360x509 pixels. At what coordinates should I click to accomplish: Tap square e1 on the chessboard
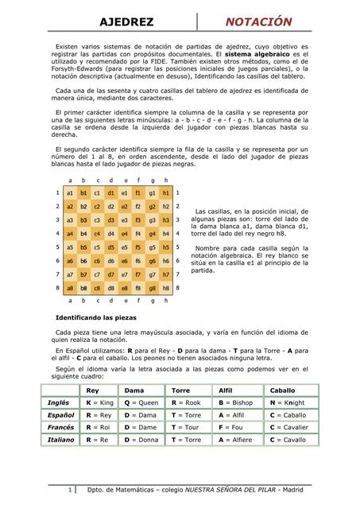coord(135,192)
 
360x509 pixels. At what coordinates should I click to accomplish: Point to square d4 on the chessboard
coord(119,233)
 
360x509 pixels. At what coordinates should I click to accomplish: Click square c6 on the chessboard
coord(103,260)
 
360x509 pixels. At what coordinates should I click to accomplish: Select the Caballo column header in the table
coord(282,390)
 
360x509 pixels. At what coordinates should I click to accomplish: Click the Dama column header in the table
coord(134,390)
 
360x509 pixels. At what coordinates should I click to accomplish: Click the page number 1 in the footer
coord(71,489)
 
